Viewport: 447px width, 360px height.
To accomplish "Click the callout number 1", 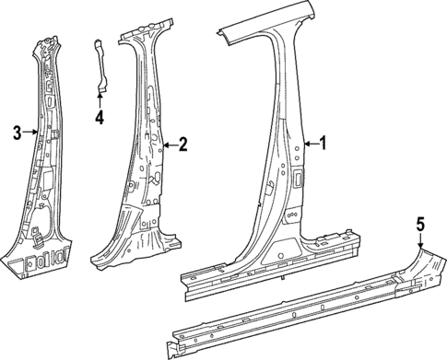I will click(323, 143).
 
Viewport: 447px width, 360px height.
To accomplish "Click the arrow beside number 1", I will click(310, 143).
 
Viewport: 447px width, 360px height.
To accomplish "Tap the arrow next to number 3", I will click(31, 133).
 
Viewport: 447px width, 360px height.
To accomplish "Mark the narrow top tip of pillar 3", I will click(46, 41).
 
